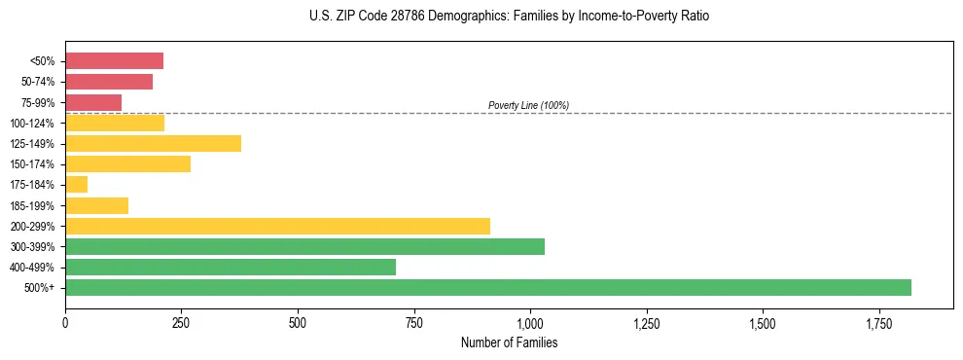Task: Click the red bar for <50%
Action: point(114,61)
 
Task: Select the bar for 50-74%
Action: point(109,82)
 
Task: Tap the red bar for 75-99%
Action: point(93,102)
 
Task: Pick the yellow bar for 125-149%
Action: point(153,143)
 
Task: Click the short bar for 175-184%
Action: point(76,184)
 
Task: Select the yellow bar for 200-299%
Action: point(277,226)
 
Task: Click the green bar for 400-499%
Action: point(231,267)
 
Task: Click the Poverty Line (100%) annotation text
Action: point(528,105)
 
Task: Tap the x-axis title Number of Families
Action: point(510,342)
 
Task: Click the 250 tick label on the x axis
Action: point(181,323)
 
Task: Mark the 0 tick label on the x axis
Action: point(65,323)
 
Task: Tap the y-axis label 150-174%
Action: point(34,164)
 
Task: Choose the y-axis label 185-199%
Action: point(34,205)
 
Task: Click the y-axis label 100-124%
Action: point(34,124)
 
